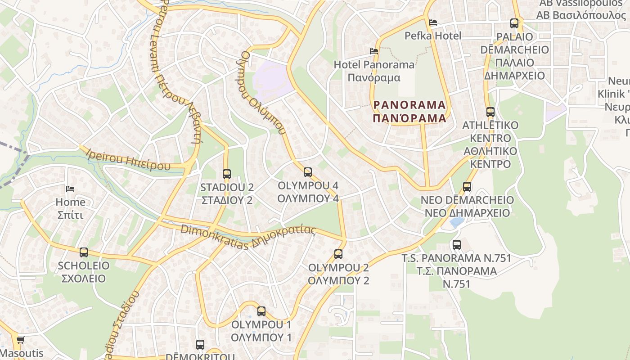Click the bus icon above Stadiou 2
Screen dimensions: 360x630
[226, 174]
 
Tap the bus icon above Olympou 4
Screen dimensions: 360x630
[308, 172]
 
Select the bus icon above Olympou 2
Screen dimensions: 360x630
[338, 254]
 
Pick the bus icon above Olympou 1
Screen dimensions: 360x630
[261, 311]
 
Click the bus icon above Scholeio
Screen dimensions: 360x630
[84, 252]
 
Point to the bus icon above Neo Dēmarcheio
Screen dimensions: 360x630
[467, 186]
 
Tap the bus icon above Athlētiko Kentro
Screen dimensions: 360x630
[490, 112]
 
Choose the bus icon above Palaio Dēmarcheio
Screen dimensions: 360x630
[514, 23]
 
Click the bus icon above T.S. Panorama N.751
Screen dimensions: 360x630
[457, 245]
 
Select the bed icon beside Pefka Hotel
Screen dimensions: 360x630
[433, 22]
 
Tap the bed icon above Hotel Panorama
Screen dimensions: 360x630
[373, 51]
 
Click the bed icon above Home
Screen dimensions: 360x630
[70, 189]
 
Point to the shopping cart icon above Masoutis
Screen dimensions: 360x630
[20, 340]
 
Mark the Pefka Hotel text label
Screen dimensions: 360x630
[433, 36]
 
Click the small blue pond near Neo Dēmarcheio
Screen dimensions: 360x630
[456, 222]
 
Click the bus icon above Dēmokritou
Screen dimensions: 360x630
[200, 345]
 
